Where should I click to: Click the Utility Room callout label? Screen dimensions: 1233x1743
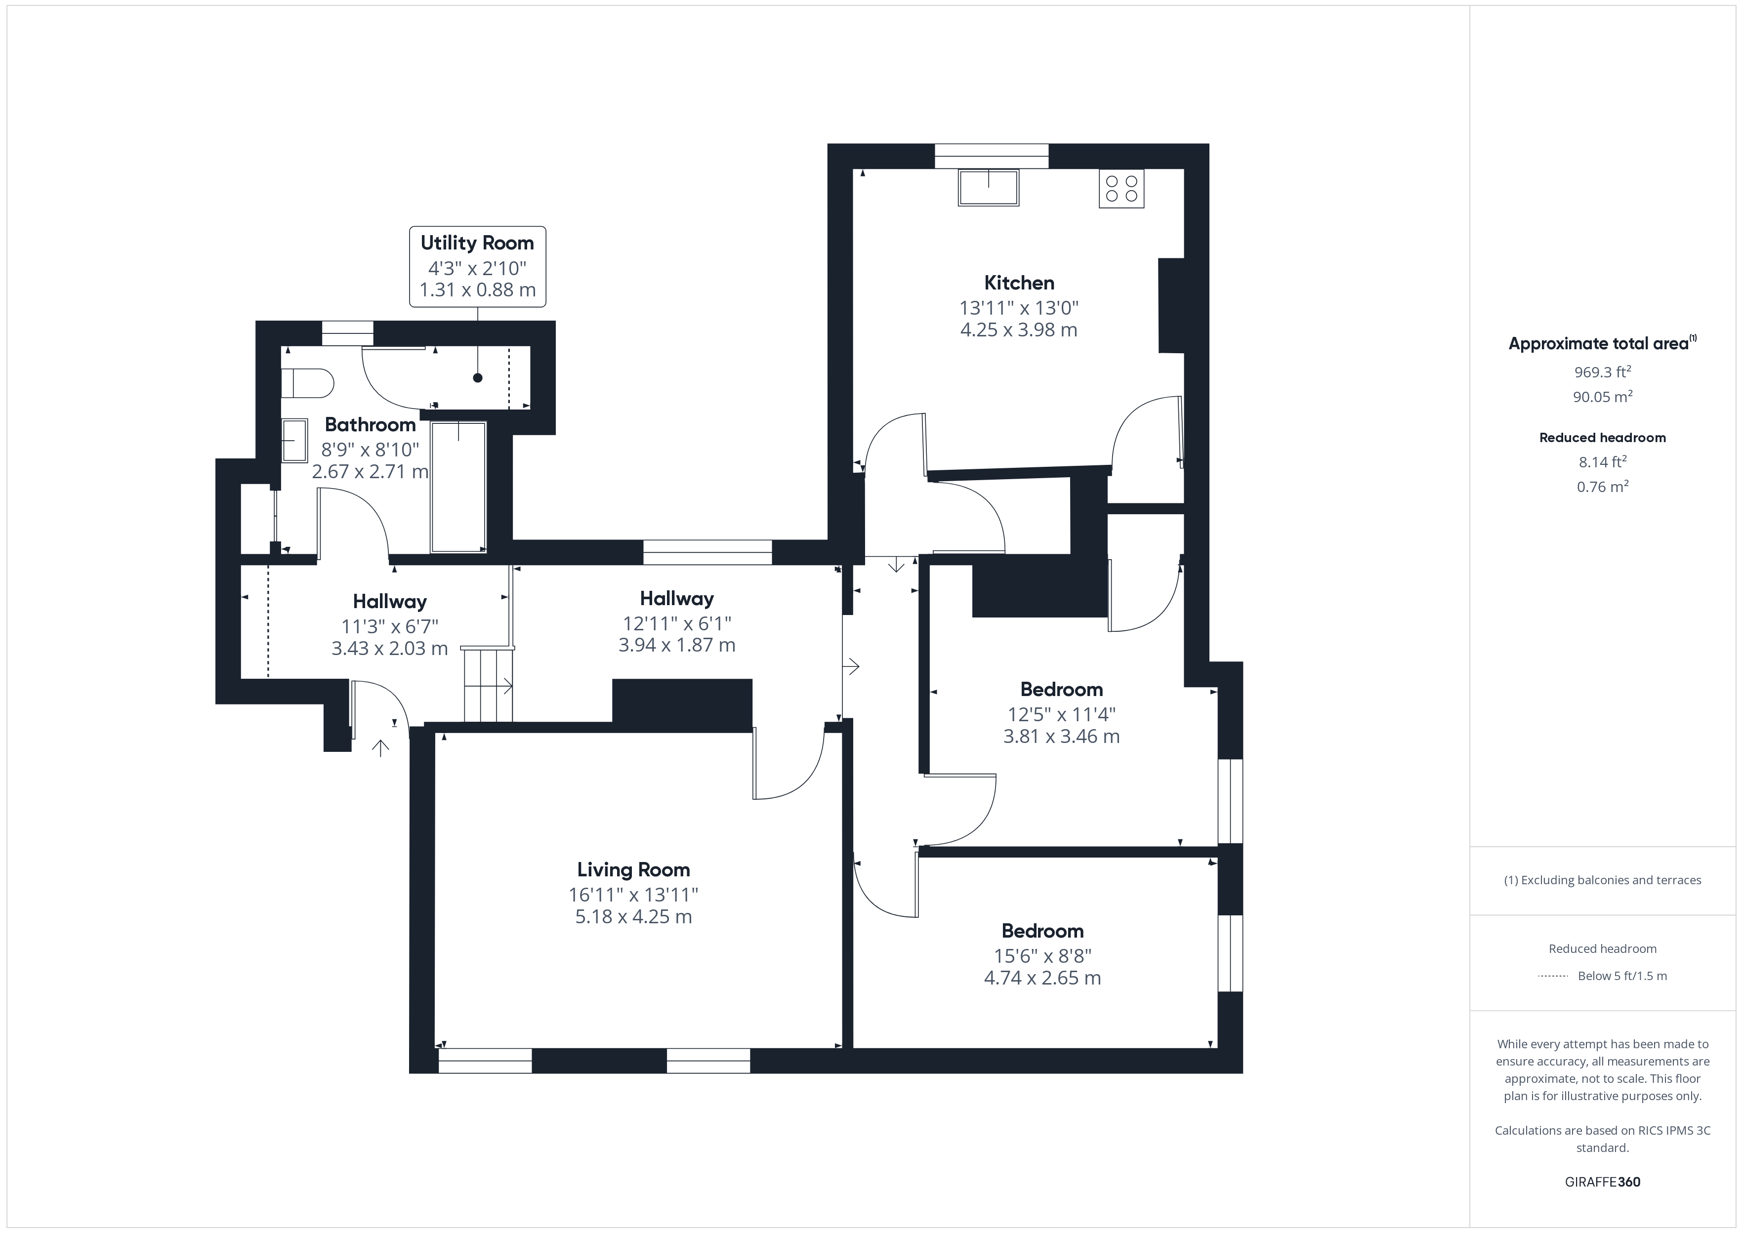tap(477, 266)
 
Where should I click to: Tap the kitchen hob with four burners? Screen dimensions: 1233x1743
tap(1121, 188)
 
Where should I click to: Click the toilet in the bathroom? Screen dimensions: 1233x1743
tap(307, 383)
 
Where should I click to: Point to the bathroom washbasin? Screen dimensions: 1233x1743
tap(294, 440)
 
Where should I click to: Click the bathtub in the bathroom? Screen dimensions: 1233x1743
tap(458, 487)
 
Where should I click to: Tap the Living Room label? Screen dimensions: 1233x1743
tap(633, 869)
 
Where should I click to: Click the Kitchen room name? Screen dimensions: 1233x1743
tap(1019, 283)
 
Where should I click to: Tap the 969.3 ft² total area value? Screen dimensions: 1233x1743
tap(1602, 372)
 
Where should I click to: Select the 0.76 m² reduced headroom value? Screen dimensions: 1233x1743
tap(1602, 487)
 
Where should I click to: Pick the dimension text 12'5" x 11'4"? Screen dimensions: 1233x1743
tap(1061, 714)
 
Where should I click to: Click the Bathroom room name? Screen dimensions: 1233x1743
tap(371, 424)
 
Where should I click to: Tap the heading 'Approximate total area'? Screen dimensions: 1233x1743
tap(1598, 344)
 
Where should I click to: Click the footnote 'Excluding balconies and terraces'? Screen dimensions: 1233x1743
tap(1602, 880)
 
